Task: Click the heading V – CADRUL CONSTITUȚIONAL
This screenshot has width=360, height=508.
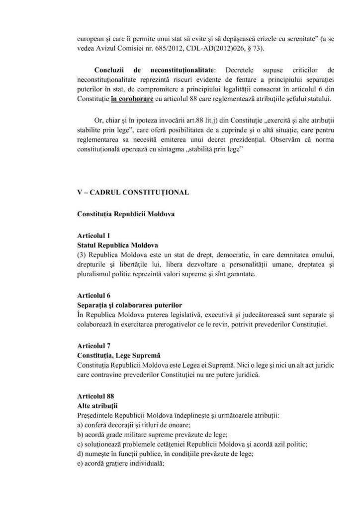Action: [x=133, y=192]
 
